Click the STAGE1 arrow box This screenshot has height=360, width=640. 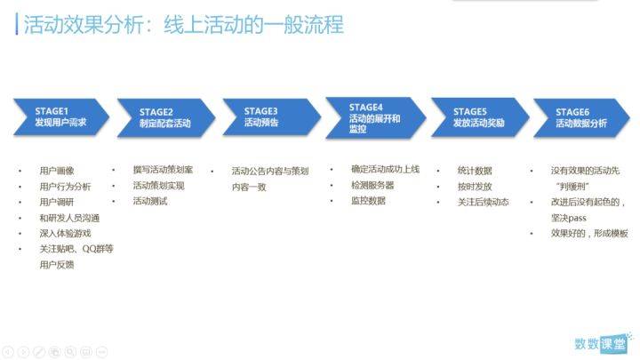tap(61, 116)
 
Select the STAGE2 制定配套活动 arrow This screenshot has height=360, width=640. tap(165, 117)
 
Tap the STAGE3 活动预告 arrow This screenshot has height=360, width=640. tap(271, 116)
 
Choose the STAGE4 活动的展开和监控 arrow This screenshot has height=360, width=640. tap(375, 118)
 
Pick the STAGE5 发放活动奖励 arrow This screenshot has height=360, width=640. tap(480, 117)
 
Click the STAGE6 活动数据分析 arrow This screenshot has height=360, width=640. tap(581, 117)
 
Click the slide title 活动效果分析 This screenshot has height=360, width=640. tap(84, 25)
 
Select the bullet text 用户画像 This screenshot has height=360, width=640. tap(57, 171)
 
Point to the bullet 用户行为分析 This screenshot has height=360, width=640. tap(65, 187)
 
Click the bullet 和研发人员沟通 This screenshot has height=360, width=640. tap(69, 218)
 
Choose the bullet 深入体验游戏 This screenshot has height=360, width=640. tap(65, 234)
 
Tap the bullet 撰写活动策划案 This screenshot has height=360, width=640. tap(163, 170)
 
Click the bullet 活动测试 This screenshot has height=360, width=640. tap(150, 201)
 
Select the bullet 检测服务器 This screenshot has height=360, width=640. tap(372, 185)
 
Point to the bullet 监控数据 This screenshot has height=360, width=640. tap(368, 200)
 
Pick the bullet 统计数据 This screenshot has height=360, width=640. tap(475, 171)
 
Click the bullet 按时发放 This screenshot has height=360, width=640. tap(475, 187)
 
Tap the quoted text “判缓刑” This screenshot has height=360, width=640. tap(572, 187)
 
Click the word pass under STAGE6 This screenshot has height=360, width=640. tap(577, 218)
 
